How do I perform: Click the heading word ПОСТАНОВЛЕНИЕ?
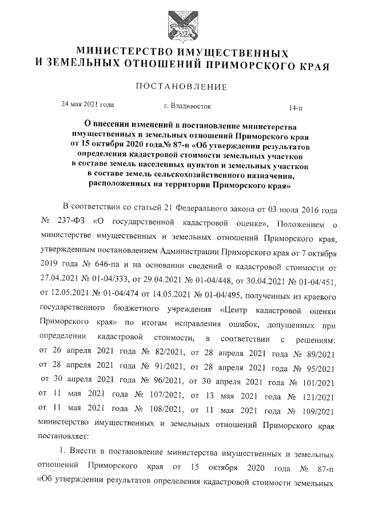pyautogui.click(x=182, y=87)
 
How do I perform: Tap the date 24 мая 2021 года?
pyautogui.click(x=87, y=105)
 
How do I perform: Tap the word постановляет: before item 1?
pyautogui.click(x=62, y=436)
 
